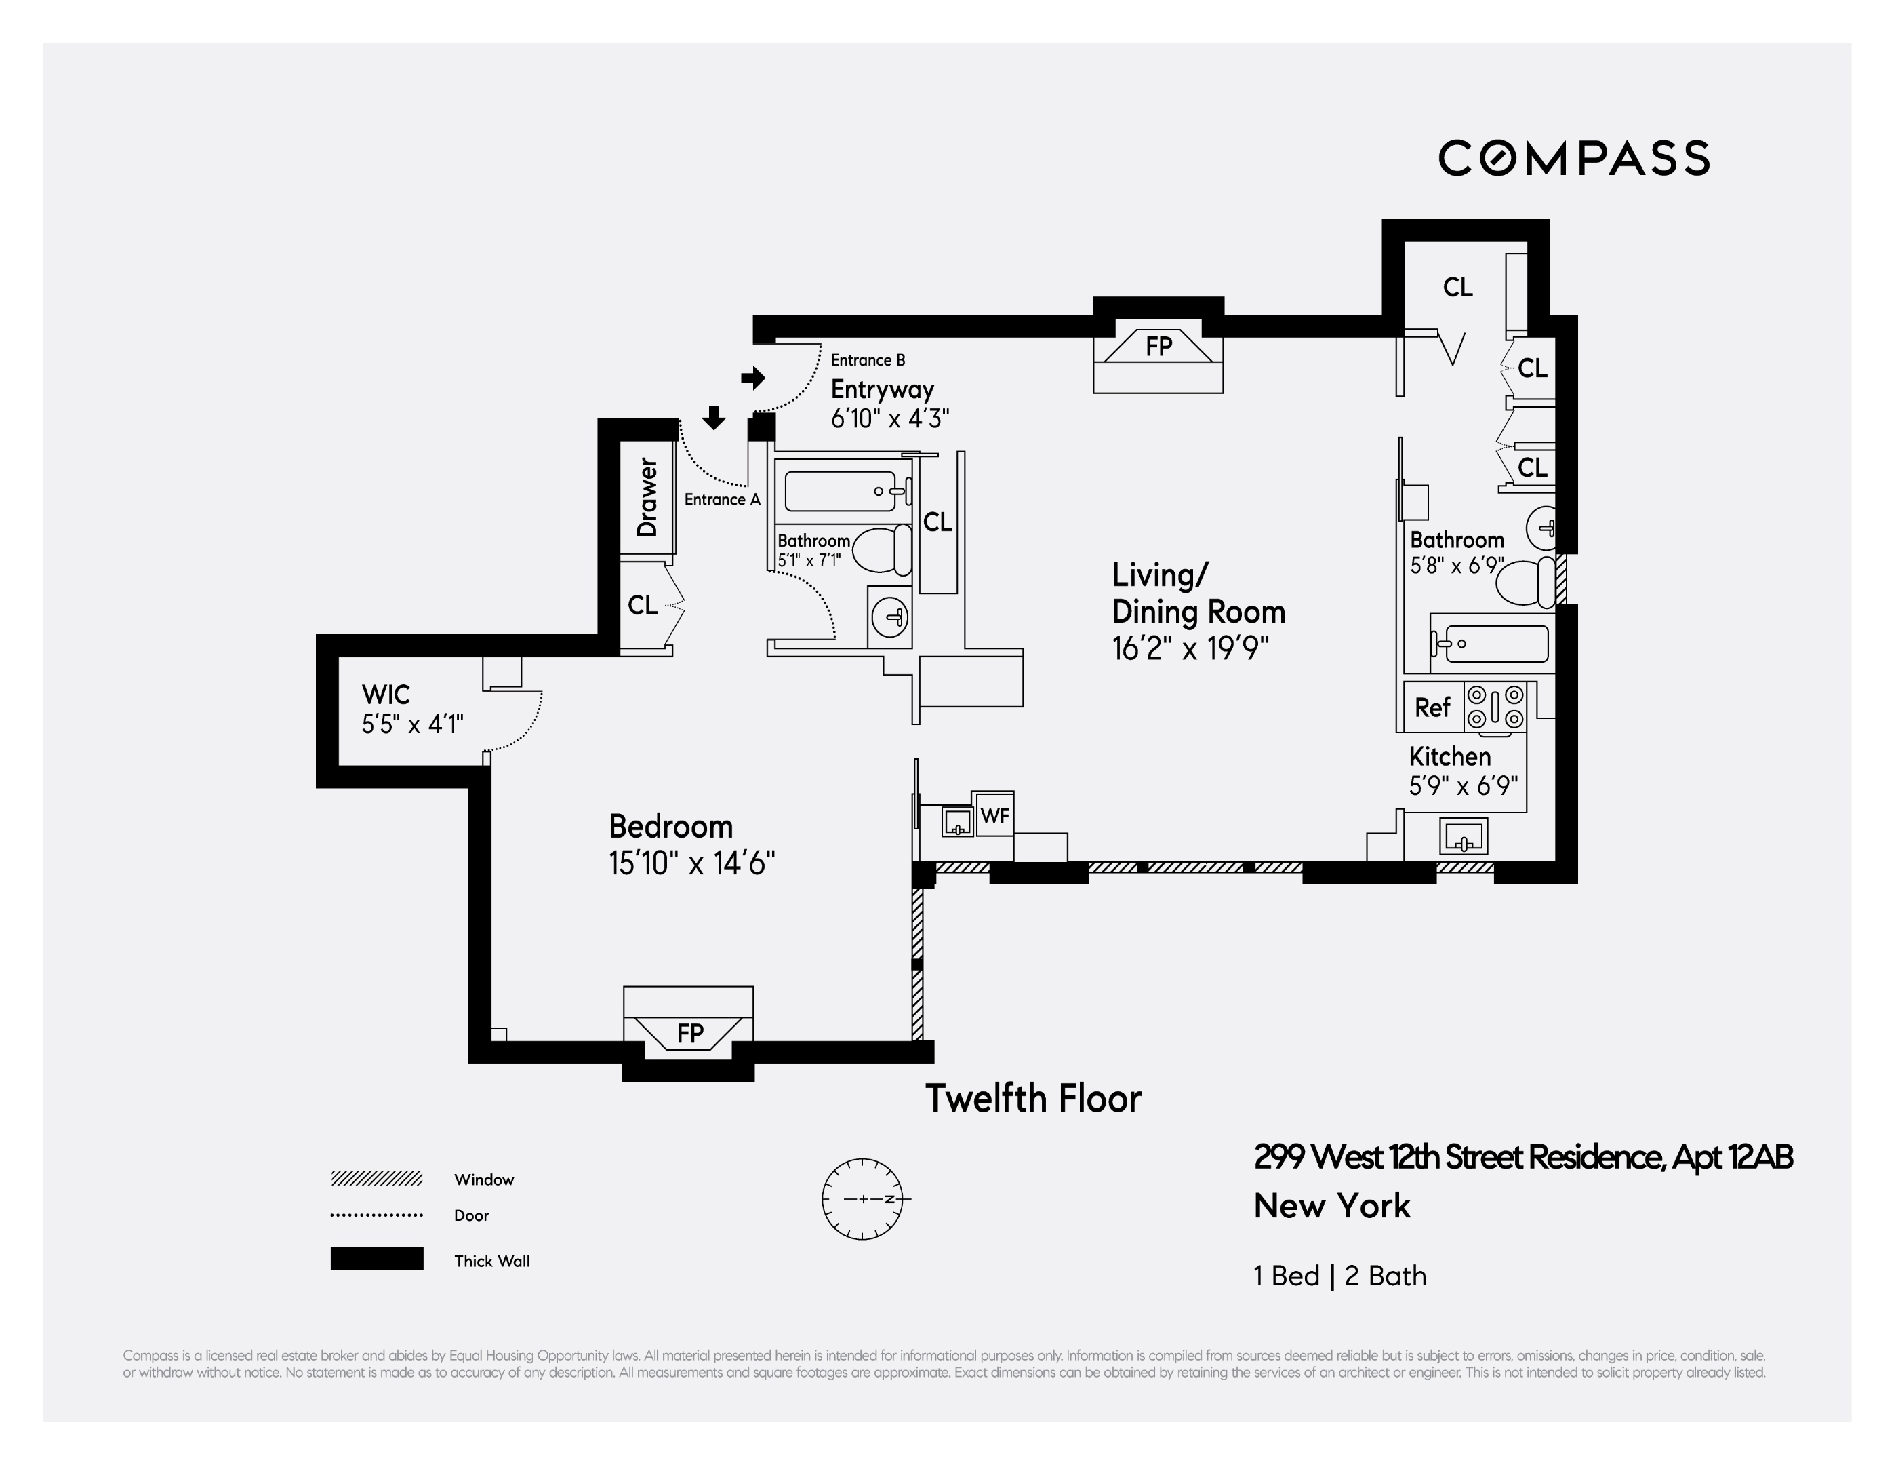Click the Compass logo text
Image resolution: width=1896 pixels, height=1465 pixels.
tap(1573, 158)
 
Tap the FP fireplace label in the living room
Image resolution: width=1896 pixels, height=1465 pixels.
tap(1158, 347)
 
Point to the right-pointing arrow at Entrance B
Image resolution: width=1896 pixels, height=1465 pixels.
tap(752, 378)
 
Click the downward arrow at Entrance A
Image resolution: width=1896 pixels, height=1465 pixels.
tap(714, 418)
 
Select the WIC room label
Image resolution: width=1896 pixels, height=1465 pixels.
tap(386, 695)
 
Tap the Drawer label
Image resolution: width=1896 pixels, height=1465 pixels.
tap(647, 498)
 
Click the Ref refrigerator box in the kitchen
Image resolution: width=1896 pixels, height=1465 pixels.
tap(1432, 707)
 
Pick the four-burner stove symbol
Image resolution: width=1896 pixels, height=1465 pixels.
tap(1495, 707)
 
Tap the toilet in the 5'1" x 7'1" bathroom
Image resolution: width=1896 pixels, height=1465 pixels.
tap(882, 551)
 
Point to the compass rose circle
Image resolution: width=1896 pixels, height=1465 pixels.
tap(863, 1198)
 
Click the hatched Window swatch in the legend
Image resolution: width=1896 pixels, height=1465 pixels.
tap(376, 1178)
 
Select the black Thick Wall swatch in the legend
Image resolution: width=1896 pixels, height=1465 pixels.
tap(376, 1258)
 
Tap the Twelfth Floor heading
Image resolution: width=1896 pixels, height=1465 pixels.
tap(1032, 1099)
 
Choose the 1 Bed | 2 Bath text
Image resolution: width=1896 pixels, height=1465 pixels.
tap(1339, 1276)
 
